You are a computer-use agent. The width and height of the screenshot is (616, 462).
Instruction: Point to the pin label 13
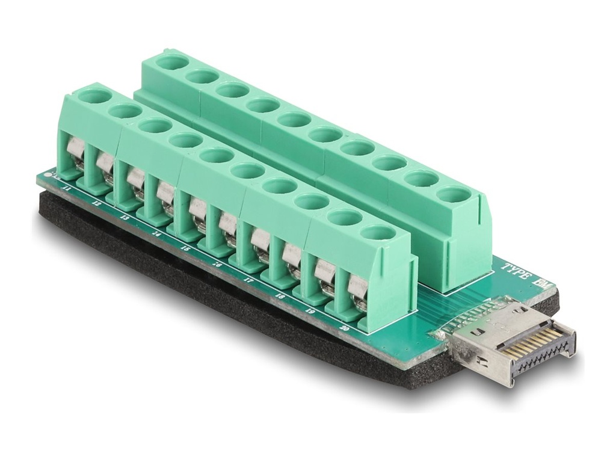pyautogui.click(x=125, y=218)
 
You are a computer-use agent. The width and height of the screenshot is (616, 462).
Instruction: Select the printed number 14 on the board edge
pyautogui.click(x=156, y=233)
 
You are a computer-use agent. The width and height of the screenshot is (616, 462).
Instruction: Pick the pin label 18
pyautogui.click(x=279, y=296)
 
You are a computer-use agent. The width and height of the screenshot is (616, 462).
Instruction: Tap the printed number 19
pyautogui.click(x=309, y=312)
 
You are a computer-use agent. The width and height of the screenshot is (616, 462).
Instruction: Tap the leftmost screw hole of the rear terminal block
pyautogui.click(x=172, y=61)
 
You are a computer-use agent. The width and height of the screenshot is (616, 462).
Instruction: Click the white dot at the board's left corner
pyautogui.click(x=50, y=176)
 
